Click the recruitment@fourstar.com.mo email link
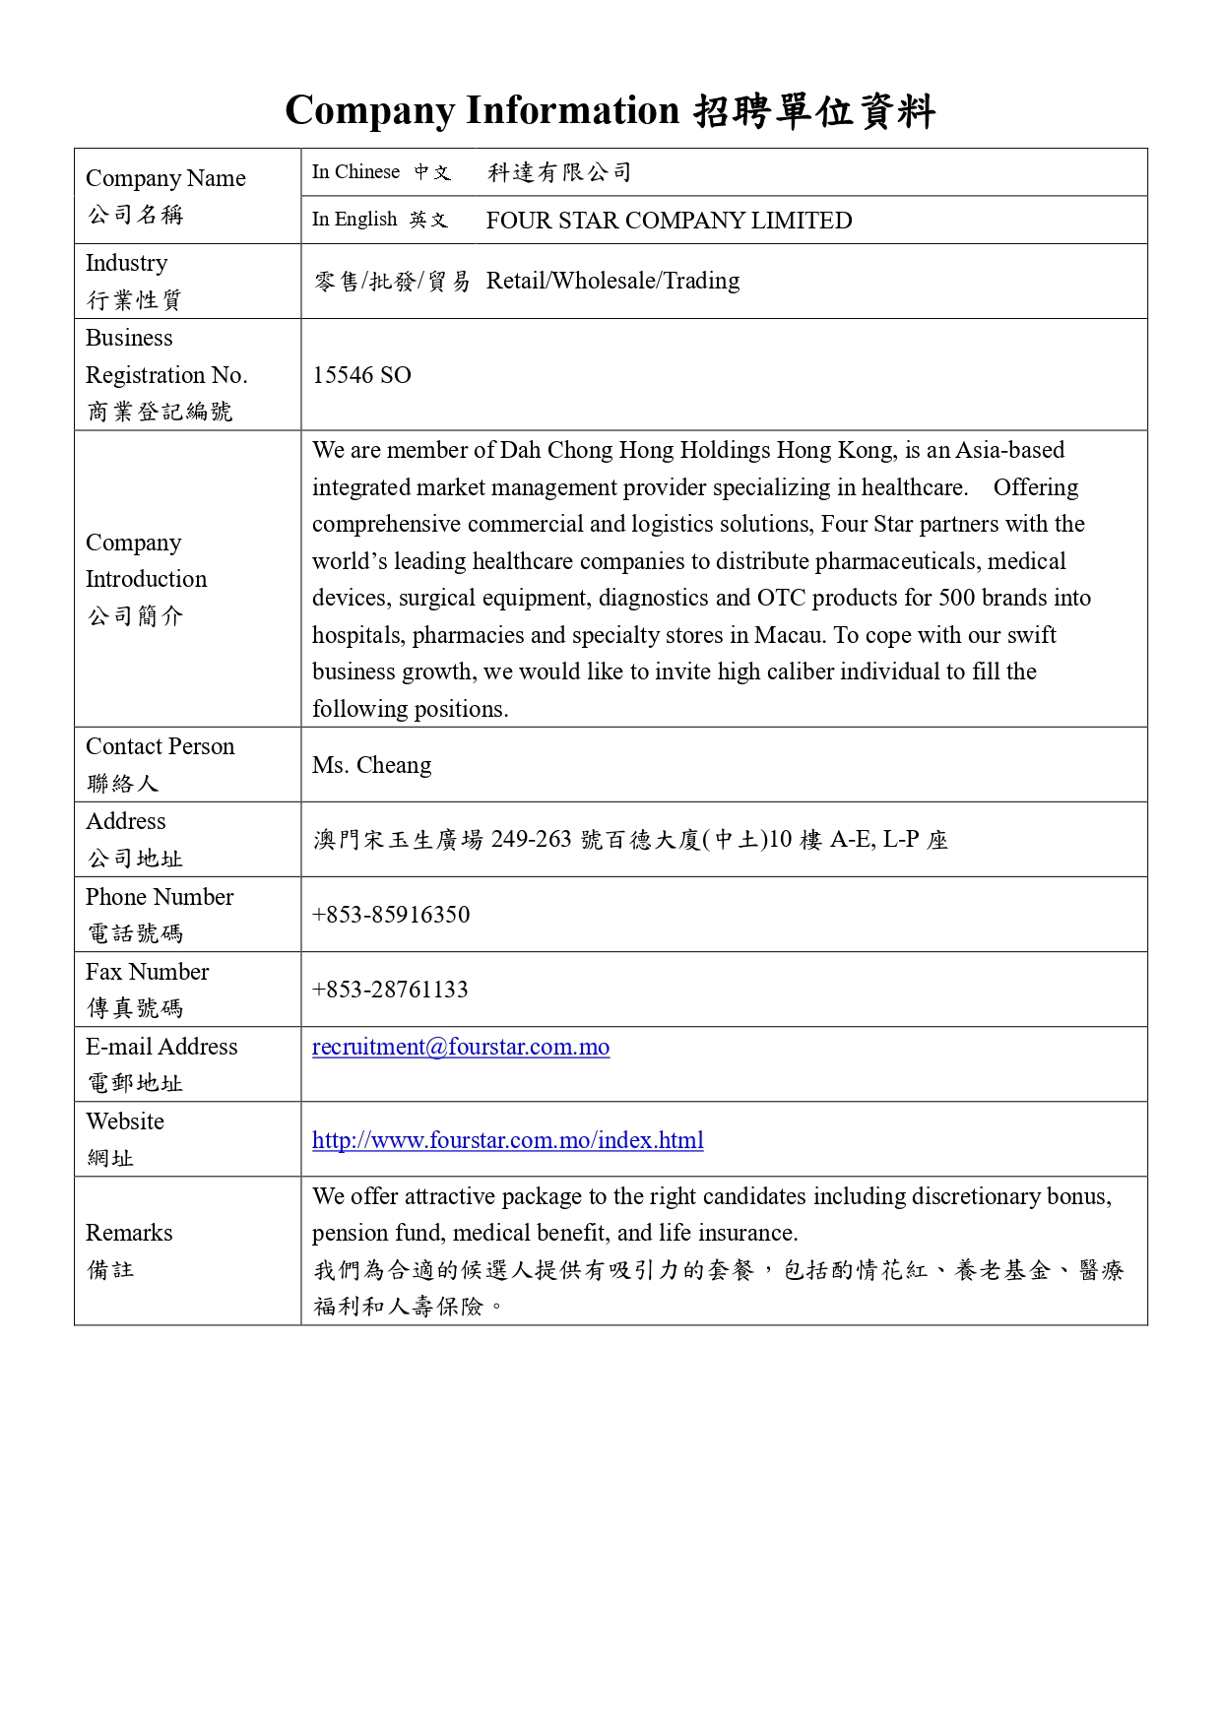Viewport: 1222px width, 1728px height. click(461, 1047)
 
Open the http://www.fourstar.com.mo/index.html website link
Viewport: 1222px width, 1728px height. click(507, 1140)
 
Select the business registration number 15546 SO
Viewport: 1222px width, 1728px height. click(361, 375)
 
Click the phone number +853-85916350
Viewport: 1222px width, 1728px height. click(391, 915)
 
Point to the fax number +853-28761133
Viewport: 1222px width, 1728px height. click(390, 990)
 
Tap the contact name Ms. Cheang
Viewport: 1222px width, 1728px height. click(371, 765)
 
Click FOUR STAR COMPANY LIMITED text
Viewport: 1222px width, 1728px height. click(669, 221)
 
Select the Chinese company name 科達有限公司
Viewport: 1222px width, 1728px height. click(559, 173)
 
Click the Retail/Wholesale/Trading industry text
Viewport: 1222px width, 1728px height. click(612, 281)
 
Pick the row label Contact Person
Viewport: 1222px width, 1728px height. click(160, 746)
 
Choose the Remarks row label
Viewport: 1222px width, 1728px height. click(129, 1233)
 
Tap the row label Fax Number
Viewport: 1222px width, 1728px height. click(147, 972)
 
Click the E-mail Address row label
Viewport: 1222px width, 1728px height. click(161, 1047)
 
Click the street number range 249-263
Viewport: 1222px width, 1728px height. click(531, 839)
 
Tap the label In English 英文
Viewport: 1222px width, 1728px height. click(379, 220)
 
